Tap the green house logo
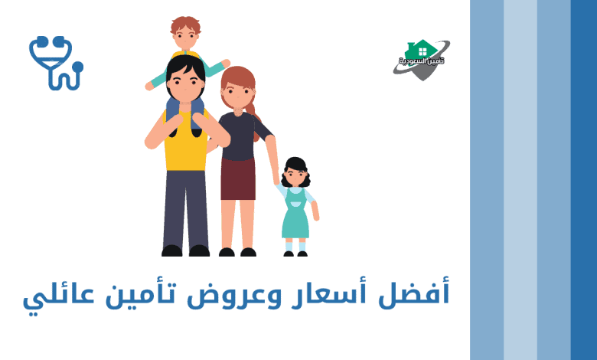click(422, 60)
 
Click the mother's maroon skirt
click(238, 178)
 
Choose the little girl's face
click(295, 177)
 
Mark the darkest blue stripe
click(584, 180)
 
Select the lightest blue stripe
click(520, 180)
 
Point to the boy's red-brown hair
click(186, 25)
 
